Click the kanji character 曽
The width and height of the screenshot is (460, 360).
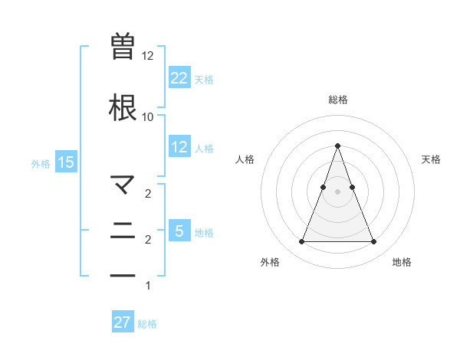point(123,46)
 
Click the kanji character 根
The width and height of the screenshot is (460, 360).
point(123,107)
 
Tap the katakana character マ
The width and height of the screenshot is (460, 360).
point(123,184)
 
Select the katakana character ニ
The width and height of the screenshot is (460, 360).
point(123,230)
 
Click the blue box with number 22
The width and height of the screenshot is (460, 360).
point(179,77)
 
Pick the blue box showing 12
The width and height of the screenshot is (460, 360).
point(179,147)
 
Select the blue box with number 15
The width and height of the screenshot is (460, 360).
point(65,162)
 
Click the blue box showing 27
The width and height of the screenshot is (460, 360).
point(123,322)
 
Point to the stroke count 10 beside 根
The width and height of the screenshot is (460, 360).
point(148,117)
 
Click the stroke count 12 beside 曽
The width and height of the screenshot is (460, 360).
point(148,56)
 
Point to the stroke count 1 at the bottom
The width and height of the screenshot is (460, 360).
point(148,286)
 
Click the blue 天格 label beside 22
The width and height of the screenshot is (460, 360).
point(204,79)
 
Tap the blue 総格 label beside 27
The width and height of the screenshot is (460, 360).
point(147,324)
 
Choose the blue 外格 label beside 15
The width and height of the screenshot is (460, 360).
point(41,163)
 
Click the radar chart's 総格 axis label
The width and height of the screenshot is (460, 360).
point(337,100)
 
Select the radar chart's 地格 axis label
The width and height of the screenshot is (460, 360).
point(402,262)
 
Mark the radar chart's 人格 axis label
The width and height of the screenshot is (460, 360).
point(245,159)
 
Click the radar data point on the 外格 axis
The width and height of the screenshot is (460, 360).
point(301,242)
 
